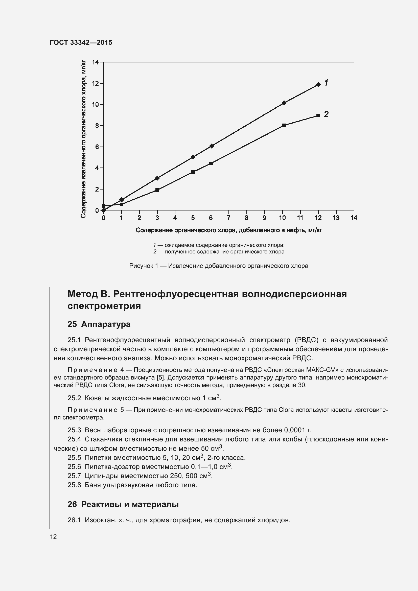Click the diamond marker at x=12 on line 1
point(318,84)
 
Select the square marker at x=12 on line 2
point(318,115)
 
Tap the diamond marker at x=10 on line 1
point(284,103)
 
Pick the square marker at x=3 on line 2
point(157,190)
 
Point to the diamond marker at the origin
point(103,210)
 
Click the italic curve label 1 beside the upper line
point(326,83)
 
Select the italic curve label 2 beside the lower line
point(326,114)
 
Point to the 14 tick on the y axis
point(96,62)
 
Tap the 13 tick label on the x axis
point(336,218)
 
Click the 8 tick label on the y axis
point(97,126)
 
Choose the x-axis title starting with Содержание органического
point(228,230)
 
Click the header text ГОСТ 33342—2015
point(81,43)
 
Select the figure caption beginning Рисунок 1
point(219,266)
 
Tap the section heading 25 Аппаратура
point(99,324)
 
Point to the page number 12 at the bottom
point(53,537)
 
